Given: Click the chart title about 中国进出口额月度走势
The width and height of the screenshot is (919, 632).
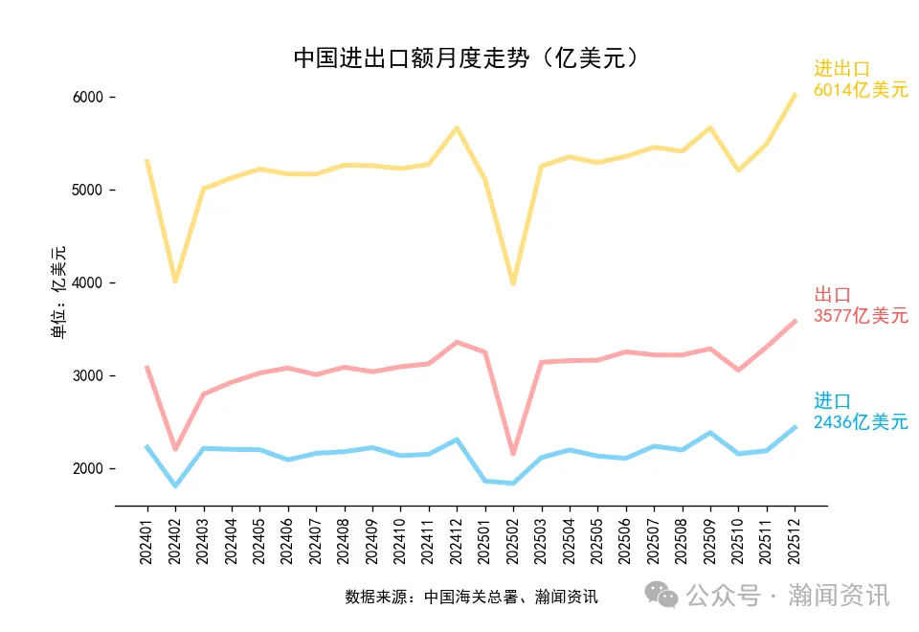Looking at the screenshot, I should pyautogui.click(x=465, y=58).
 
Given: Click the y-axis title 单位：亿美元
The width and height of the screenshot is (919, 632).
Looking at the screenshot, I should pyautogui.click(x=58, y=293).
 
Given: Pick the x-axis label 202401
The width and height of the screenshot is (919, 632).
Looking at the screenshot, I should pyautogui.click(x=146, y=542).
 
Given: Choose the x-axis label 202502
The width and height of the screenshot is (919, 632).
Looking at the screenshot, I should pyautogui.click(x=513, y=542).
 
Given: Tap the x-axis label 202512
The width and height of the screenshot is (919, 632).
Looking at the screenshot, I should pyautogui.click(x=795, y=542).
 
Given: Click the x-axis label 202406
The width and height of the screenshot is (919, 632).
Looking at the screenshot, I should pyautogui.click(x=287, y=542).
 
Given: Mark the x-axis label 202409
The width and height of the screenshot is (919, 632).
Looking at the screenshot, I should pyautogui.click(x=371, y=542).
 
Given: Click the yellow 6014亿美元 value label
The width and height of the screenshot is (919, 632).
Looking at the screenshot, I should pyautogui.click(x=861, y=90).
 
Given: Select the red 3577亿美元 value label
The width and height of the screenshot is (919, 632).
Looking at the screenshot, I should pyautogui.click(x=861, y=316).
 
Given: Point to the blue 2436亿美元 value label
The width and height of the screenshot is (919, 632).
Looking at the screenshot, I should pyautogui.click(x=861, y=422).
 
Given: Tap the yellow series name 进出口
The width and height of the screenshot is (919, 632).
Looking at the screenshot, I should pyautogui.click(x=841, y=69).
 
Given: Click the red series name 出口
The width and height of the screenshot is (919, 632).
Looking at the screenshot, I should pyautogui.click(x=832, y=295).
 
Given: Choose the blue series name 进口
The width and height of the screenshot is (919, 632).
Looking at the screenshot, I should pyautogui.click(x=832, y=401).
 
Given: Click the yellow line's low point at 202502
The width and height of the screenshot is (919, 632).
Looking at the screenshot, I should pyautogui.click(x=513, y=283).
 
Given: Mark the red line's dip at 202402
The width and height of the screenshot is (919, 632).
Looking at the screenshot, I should pyautogui.click(x=175, y=449).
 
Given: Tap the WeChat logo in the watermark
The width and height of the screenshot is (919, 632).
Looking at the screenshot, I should pyautogui.click(x=661, y=595).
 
